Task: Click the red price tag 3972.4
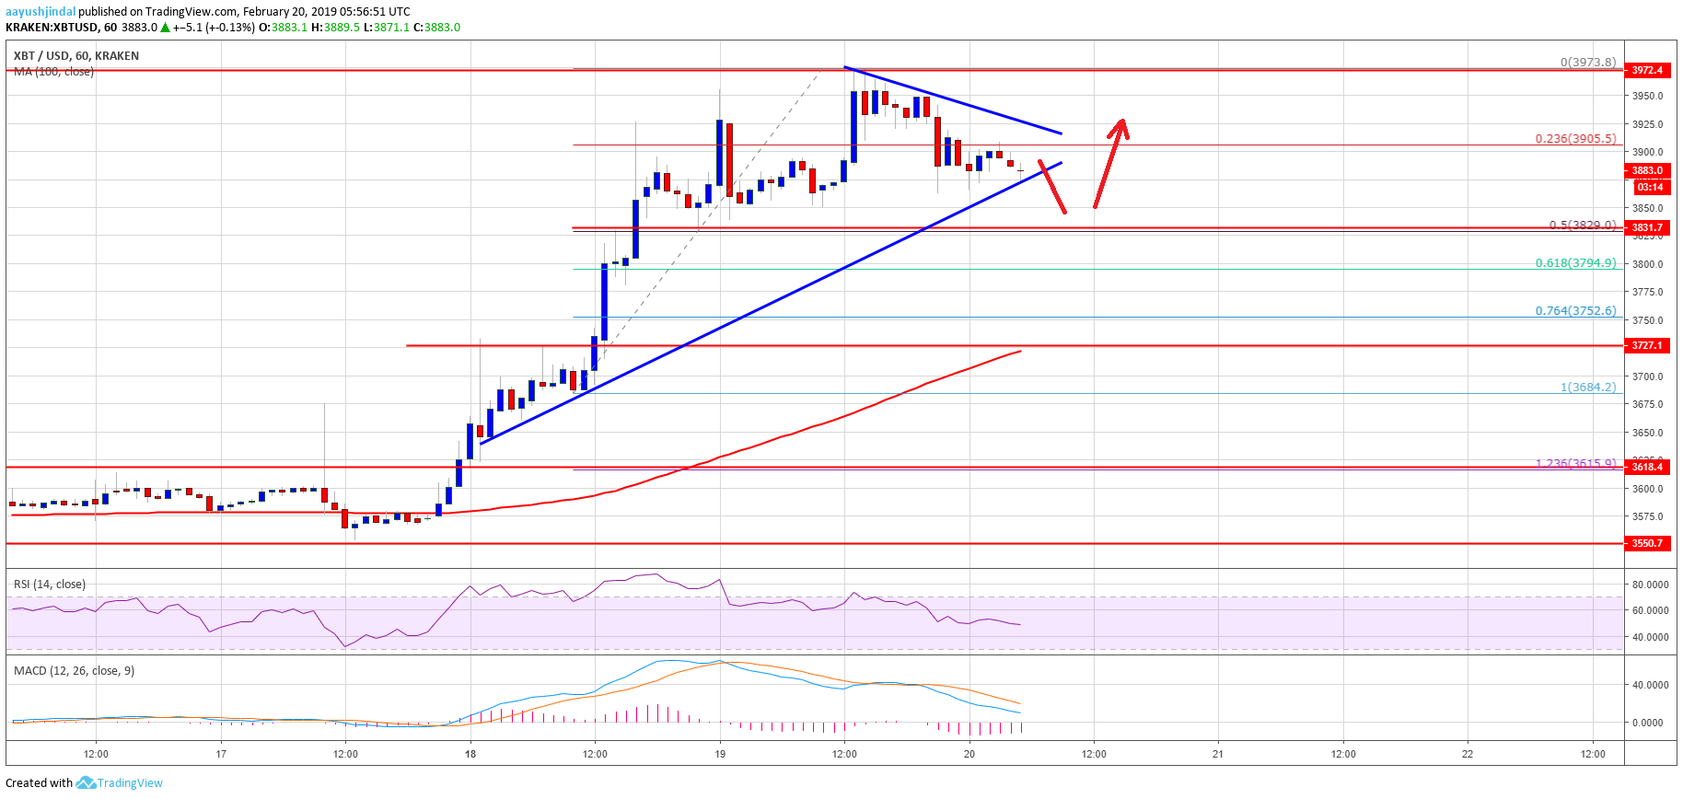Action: tap(1647, 70)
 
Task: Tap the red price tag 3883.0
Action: tap(1647, 170)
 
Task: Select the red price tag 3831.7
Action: tap(1647, 227)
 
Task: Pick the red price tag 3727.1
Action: tap(1647, 345)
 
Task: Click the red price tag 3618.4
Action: tap(1647, 467)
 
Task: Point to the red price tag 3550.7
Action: tap(1647, 543)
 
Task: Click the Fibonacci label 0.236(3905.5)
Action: tap(1574, 139)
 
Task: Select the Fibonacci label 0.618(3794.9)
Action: tap(1574, 263)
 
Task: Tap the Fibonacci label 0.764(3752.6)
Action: tap(1574, 311)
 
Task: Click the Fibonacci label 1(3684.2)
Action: tap(1587, 388)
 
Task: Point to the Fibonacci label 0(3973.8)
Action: tap(1587, 63)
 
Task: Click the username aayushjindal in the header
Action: tap(41, 12)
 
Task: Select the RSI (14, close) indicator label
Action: tap(50, 585)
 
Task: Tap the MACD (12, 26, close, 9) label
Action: tap(74, 671)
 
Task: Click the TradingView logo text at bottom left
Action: tap(130, 783)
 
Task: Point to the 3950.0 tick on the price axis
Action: tap(1648, 96)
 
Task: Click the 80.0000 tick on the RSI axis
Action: tap(1650, 585)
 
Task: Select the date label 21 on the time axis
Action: tap(1218, 754)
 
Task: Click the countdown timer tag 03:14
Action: tap(1650, 187)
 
